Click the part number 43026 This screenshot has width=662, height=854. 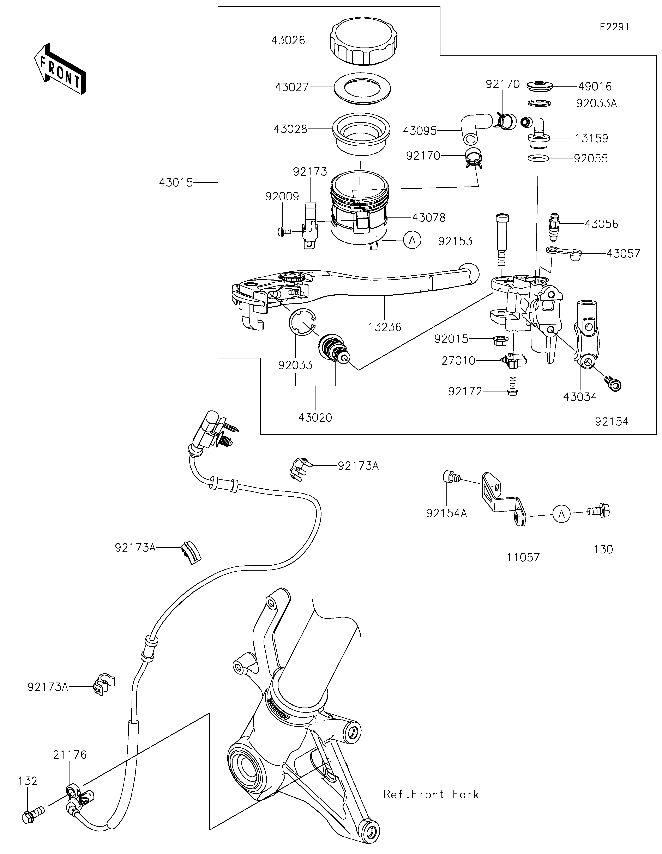click(x=288, y=40)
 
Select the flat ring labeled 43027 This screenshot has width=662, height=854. click(x=362, y=89)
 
